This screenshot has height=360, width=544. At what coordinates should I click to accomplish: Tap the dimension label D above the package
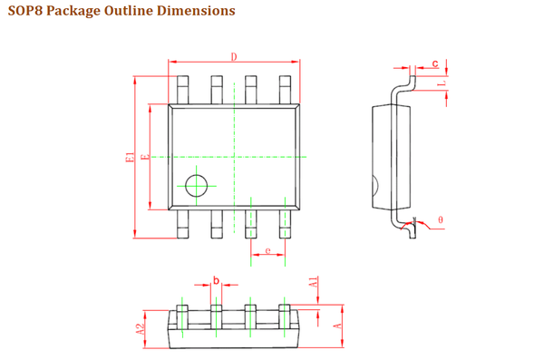[x=234, y=56]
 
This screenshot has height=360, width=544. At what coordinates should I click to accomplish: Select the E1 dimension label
[x=130, y=157]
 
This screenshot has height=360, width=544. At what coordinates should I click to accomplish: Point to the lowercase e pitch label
[x=267, y=250]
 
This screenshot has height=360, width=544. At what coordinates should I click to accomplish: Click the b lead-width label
[x=216, y=280]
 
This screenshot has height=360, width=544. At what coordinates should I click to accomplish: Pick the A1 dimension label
[x=314, y=282]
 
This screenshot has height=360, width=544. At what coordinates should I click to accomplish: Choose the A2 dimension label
[x=140, y=329]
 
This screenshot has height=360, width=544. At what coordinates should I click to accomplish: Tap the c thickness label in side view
[x=435, y=63]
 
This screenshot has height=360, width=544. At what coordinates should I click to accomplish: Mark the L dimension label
[x=442, y=83]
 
